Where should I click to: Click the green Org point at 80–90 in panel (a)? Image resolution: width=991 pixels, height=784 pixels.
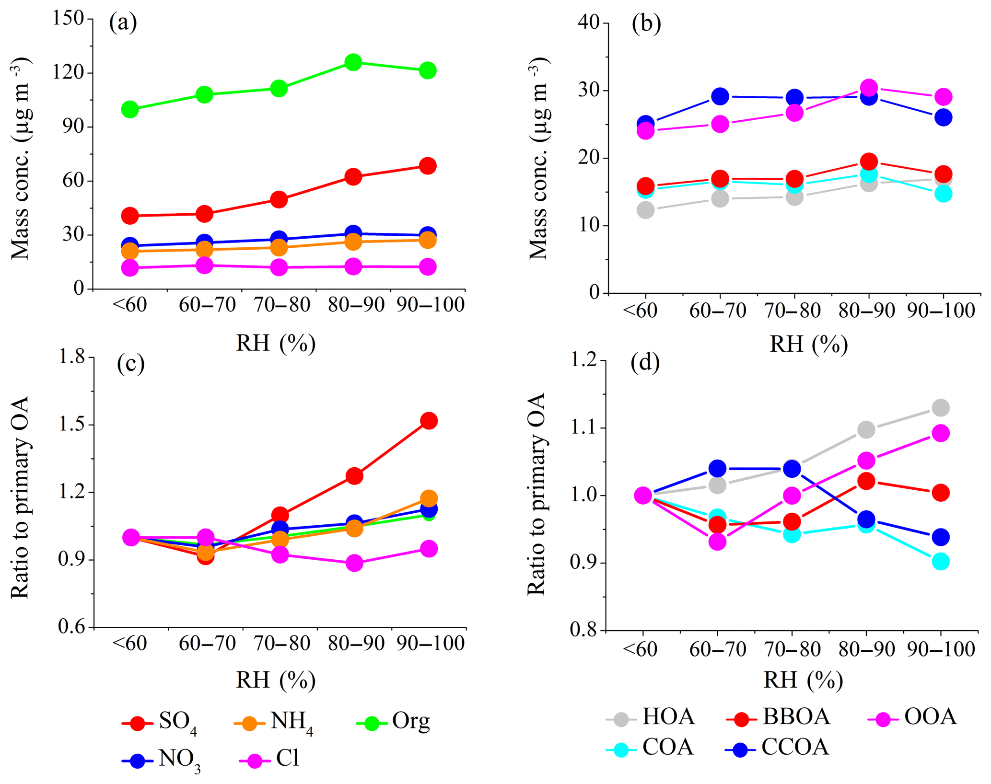353,62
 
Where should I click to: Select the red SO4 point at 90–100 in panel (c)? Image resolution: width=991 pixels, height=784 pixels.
428,421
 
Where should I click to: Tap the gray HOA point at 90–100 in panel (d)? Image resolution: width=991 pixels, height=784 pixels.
941,408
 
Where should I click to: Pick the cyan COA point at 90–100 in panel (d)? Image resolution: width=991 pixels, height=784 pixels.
941,561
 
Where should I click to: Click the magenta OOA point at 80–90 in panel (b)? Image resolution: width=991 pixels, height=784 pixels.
869,88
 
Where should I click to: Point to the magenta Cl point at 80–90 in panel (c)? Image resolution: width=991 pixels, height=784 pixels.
354,563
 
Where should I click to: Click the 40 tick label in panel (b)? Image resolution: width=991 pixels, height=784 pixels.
590,23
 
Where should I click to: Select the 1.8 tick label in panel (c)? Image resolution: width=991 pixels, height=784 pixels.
71,357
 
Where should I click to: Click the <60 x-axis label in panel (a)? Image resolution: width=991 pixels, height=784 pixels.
129,305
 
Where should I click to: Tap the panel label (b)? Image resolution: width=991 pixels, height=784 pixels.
646,23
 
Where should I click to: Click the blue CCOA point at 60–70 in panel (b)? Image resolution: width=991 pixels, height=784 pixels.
720,96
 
